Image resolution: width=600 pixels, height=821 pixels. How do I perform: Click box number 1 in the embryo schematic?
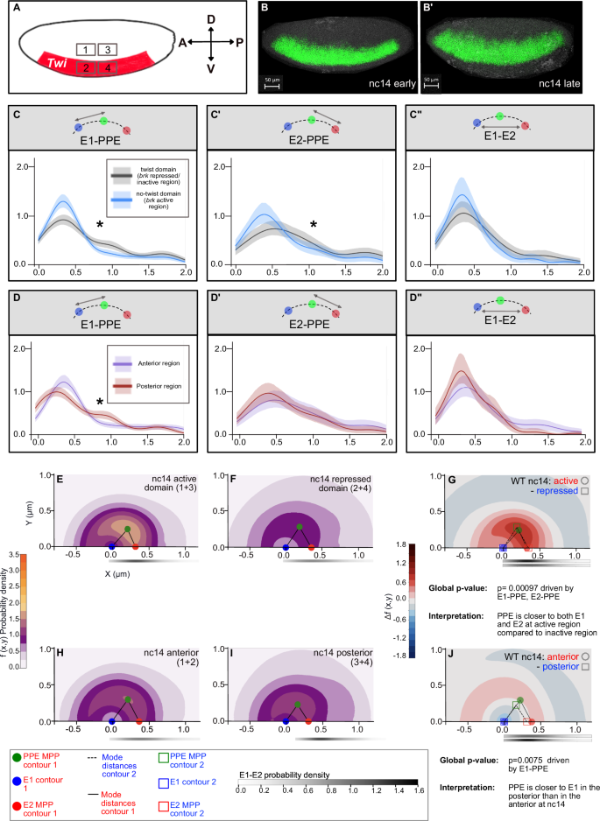[x=85, y=49]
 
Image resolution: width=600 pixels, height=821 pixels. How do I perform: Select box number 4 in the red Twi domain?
[x=106, y=67]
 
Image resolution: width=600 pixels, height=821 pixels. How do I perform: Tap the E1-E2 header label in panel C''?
[x=500, y=136]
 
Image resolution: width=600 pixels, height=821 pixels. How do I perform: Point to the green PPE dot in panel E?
[x=128, y=505]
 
